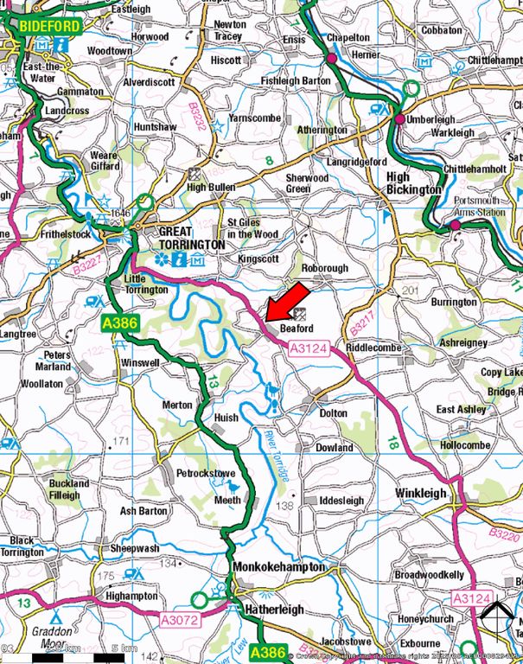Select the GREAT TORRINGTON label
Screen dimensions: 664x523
191,239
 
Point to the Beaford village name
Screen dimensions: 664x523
297,329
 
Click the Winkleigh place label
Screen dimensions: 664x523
422,493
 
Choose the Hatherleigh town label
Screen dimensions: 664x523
269,609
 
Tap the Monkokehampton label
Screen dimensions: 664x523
279,567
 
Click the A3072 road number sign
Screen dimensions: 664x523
179,619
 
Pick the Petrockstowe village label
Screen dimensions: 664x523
205,474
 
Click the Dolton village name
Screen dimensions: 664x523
333,413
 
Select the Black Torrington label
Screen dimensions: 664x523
23,546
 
